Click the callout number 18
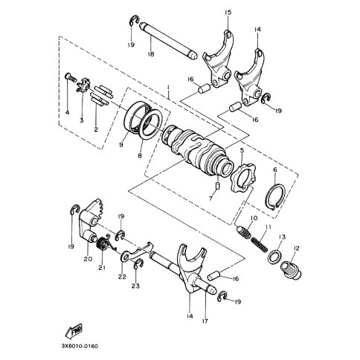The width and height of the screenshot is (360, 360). pos(150,54)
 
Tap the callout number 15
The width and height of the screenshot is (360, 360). pos(228,12)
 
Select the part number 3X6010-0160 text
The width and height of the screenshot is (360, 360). pos(80,346)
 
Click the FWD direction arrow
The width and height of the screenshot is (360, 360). pos(74,331)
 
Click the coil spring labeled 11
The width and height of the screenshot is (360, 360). pos(259,244)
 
